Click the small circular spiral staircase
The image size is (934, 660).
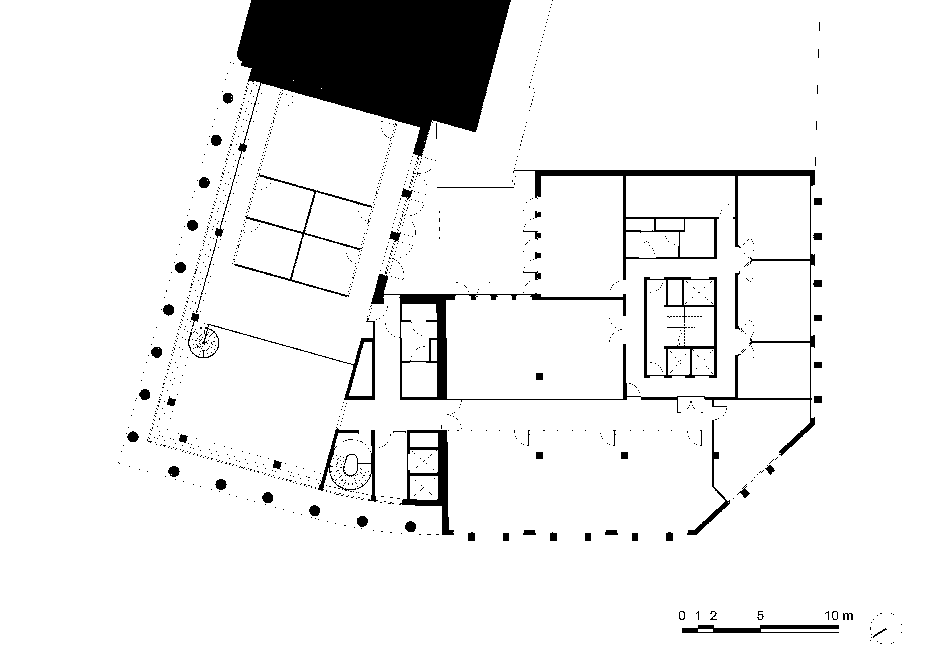pyautogui.click(x=204, y=343)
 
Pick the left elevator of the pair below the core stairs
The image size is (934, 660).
pyautogui.click(x=678, y=362)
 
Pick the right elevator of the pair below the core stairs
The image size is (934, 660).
pyautogui.click(x=702, y=362)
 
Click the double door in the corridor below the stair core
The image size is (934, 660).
pyautogui.click(x=691, y=405)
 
